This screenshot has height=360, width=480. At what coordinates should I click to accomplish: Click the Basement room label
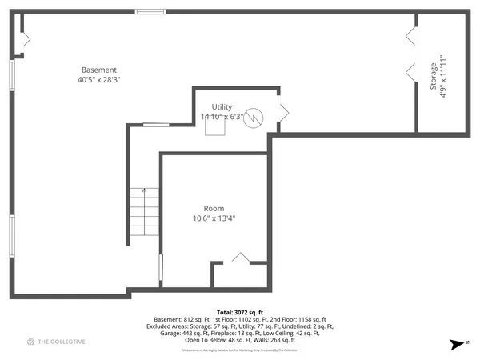click(99, 70)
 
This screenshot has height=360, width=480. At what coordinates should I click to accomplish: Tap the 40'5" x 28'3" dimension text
click(99, 80)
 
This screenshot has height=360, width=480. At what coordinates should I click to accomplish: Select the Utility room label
click(222, 106)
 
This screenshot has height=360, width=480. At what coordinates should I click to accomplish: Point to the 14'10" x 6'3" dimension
click(222, 117)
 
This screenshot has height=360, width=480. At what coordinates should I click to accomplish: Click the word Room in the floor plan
click(214, 208)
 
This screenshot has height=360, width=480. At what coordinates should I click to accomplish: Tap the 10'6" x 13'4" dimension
click(214, 218)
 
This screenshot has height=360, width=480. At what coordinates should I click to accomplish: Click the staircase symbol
click(144, 216)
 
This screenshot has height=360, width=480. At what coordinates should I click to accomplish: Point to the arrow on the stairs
click(144, 193)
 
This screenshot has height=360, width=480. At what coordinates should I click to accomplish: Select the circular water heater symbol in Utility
click(254, 117)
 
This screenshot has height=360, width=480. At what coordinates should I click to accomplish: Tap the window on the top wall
click(150, 11)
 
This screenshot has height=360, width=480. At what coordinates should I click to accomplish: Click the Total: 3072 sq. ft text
click(239, 312)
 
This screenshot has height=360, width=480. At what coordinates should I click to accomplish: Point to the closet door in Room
click(240, 258)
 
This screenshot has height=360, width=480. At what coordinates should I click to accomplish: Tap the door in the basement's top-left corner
click(25, 38)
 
